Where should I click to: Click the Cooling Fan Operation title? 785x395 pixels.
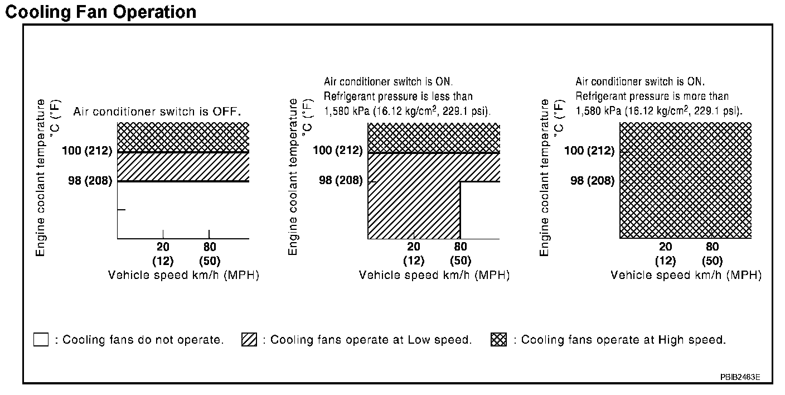[x=100, y=12]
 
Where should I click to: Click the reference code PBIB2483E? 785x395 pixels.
[x=739, y=377]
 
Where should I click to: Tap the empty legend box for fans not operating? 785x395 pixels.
[x=41, y=339]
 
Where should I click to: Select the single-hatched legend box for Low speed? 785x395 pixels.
[x=249, y=339]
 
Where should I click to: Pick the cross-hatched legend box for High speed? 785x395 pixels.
[x=498, y=339]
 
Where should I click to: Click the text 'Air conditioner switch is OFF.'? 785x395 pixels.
[x=157, y=112]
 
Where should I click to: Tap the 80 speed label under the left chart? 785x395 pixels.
[x=209, y=247]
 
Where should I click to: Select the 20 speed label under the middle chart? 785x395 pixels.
[x=414, y=247]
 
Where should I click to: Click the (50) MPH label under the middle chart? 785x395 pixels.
[x=461, y=261]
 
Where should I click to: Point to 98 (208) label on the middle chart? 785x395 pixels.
[x=341, y=181]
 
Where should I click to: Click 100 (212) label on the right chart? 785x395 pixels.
[x=589, y=151]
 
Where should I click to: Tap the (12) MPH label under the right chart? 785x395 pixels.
[x=666, y=261]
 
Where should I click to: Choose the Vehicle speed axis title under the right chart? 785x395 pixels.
[x=686, y=275]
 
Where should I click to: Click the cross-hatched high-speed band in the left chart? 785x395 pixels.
[x=183, y=137]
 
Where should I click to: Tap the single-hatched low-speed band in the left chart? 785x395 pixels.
[x=183, y=166]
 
